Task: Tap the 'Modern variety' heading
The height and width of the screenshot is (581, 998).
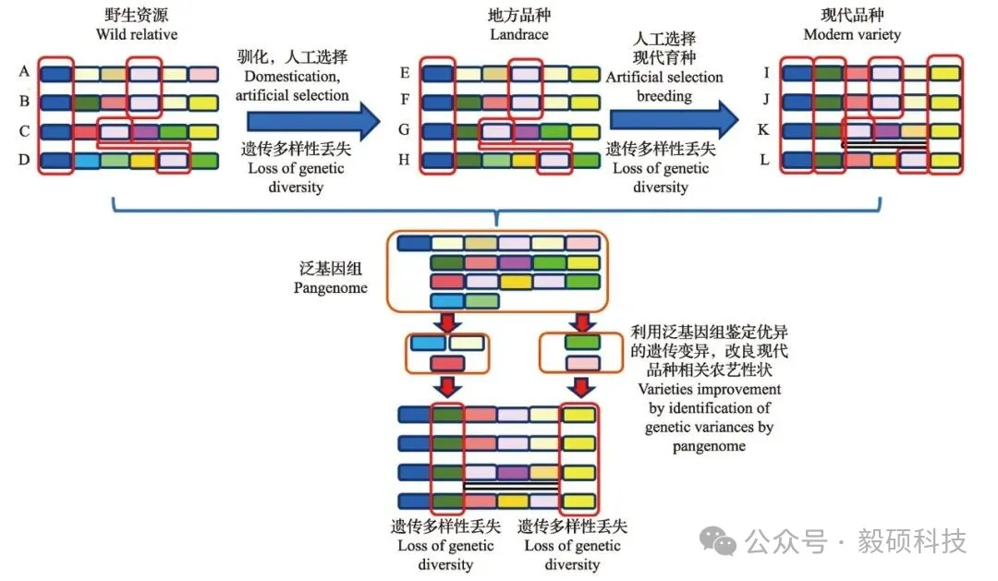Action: coord(852,35)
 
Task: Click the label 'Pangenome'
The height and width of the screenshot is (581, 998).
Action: coord(331,287)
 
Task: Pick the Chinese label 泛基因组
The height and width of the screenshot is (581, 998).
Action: coord(331,269)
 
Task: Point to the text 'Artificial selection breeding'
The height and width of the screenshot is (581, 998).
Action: coord(663,86)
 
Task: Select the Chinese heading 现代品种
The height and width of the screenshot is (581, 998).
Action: coord(852,16)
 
